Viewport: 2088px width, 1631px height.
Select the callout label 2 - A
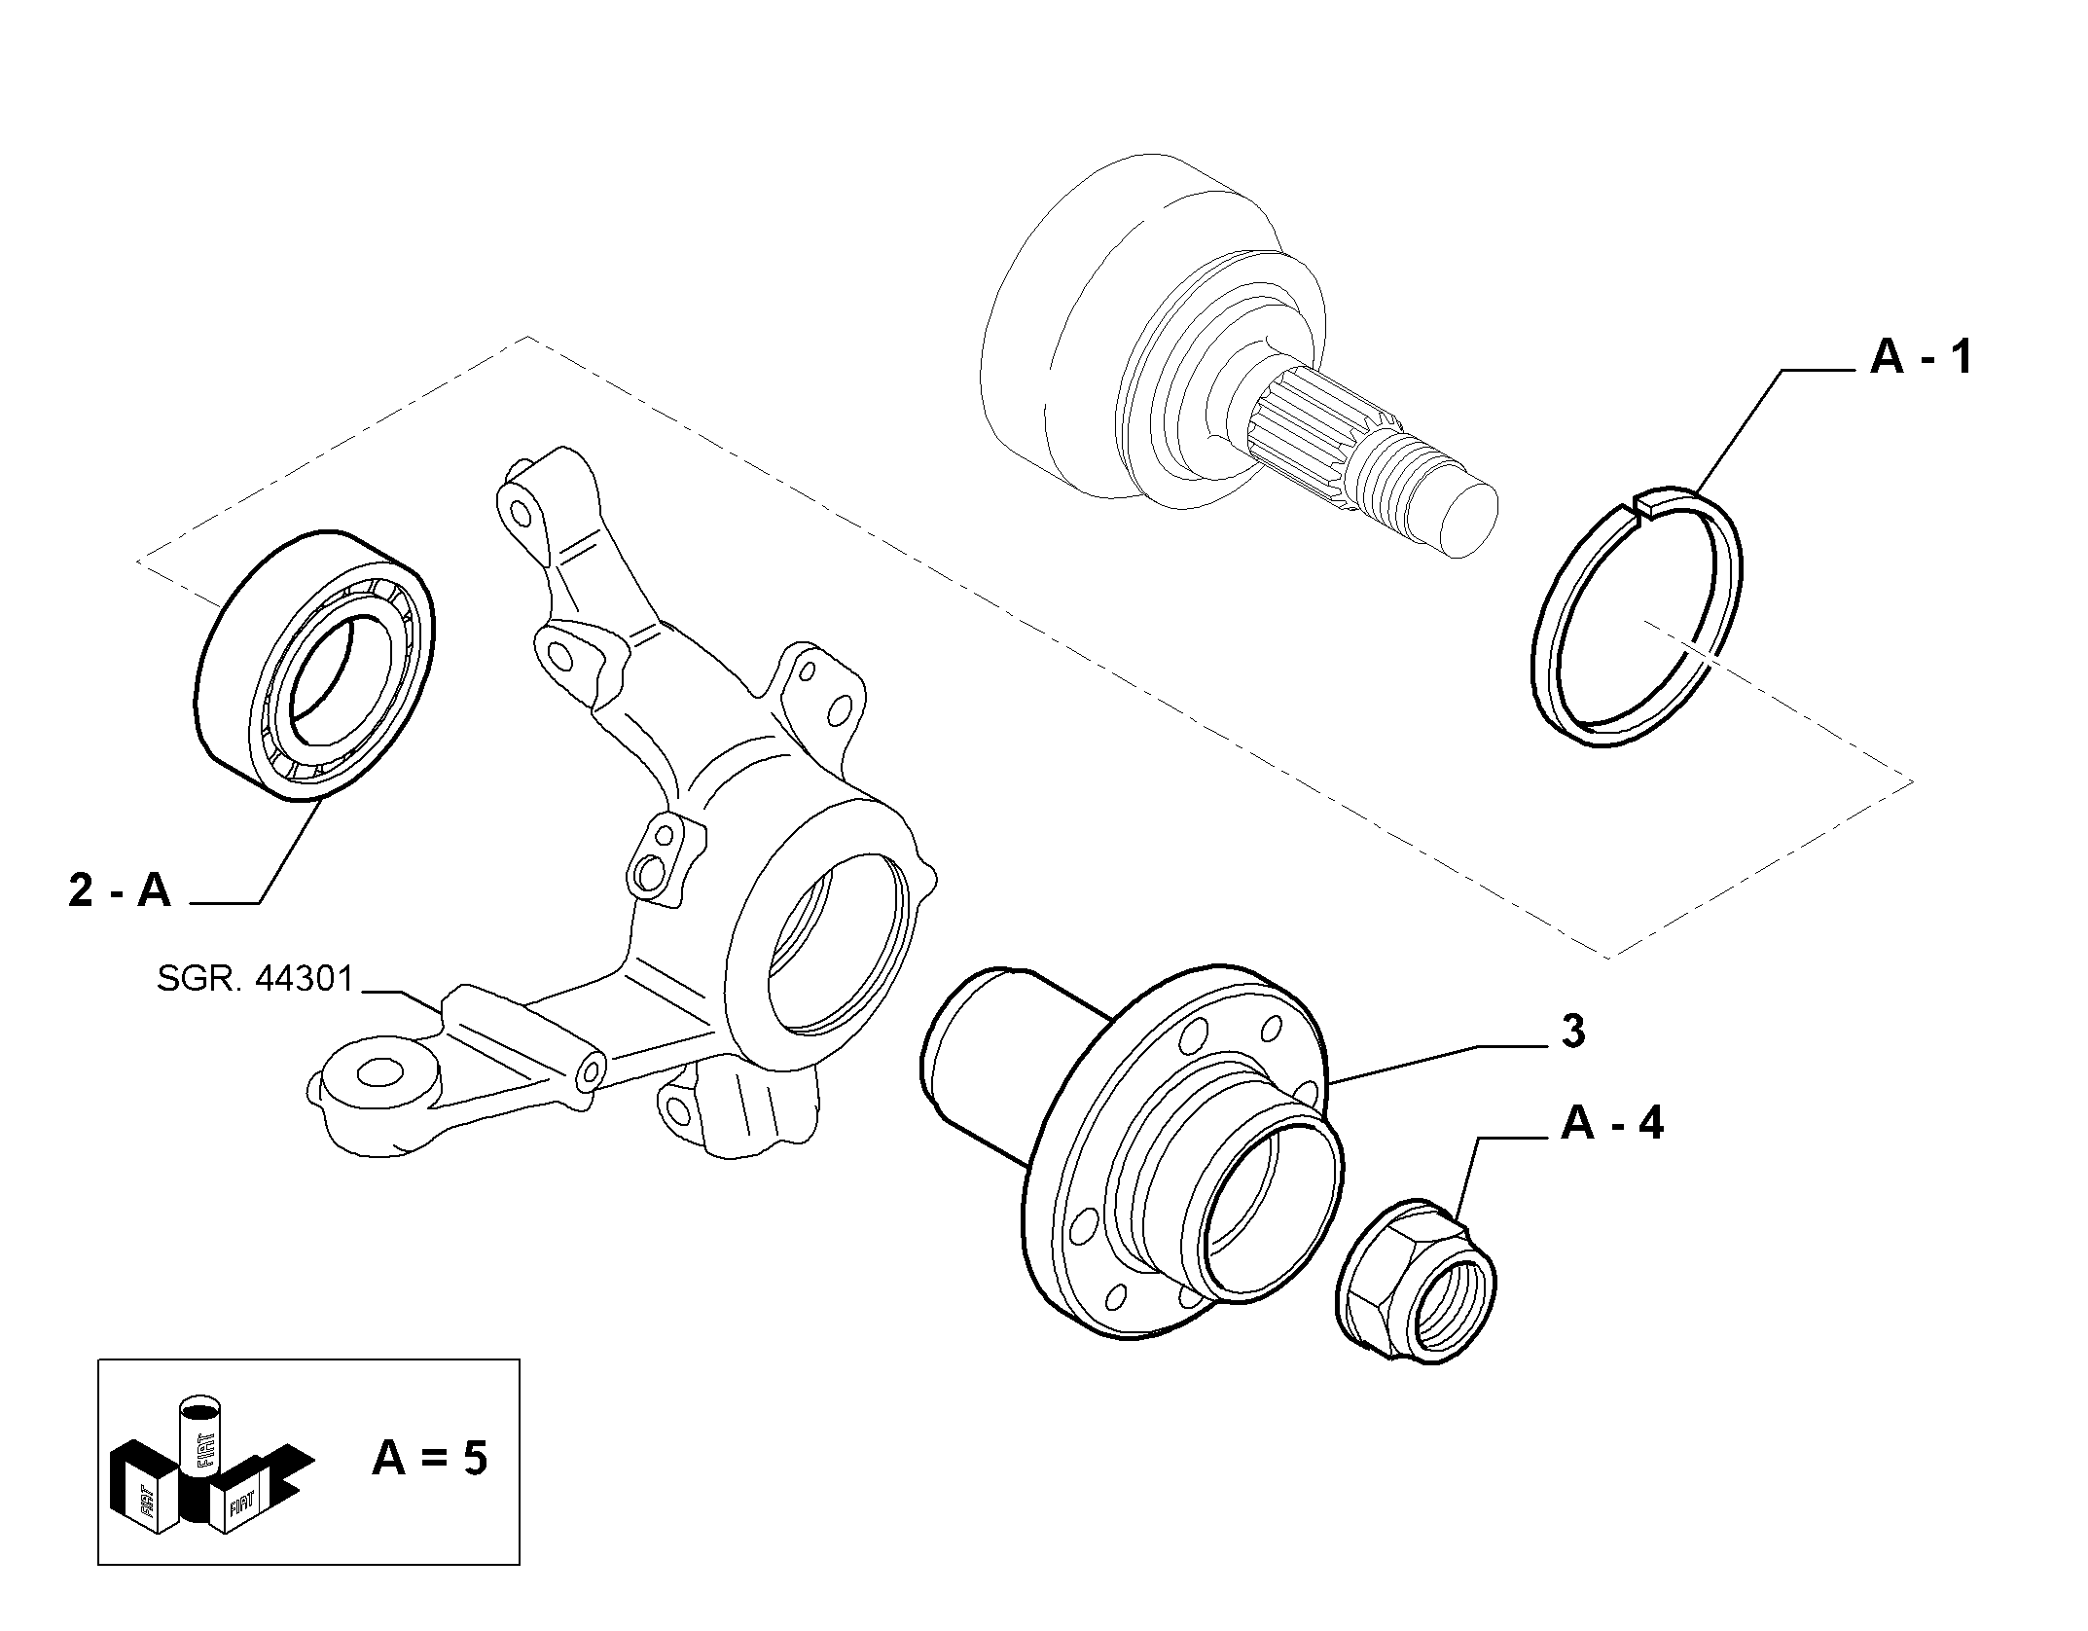[120, 889]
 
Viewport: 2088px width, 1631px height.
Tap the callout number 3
[1572, 1032]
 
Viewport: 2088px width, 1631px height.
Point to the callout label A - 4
[1612, 1123]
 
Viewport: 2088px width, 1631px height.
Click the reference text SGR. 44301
[255, 979]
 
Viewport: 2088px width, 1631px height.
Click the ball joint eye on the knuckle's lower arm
[379, 1073]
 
